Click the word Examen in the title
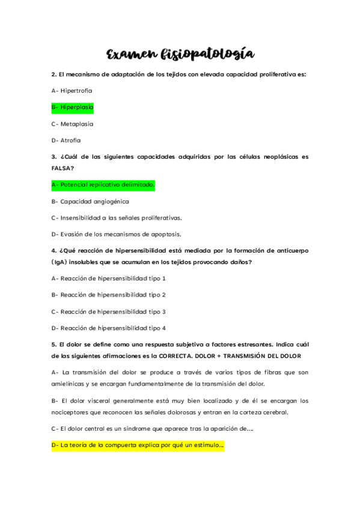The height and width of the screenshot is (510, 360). click(130, 55)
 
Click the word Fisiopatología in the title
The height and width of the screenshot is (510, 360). click(207, 55)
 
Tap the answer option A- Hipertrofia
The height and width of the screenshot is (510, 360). click(72, 90)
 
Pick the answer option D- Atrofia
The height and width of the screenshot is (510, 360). click(66, 141)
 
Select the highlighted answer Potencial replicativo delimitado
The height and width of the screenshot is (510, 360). click(103, 185)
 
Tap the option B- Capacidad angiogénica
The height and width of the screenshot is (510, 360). click(90, 201)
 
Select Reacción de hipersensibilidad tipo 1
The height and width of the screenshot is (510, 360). click(109, 278)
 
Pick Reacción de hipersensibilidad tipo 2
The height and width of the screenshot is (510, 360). click(109, 295)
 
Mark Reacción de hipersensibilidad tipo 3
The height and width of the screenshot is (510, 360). click(109, 312)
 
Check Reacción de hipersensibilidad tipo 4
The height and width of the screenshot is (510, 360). click(109, 328)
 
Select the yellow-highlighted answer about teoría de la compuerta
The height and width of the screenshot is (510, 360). click(138, 446)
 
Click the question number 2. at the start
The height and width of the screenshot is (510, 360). click(54, 74)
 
